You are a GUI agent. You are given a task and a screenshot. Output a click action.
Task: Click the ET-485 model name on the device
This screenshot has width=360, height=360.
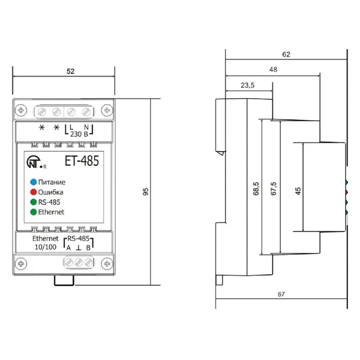point(82,161)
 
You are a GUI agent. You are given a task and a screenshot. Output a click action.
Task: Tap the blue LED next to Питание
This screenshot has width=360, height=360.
point(34,182)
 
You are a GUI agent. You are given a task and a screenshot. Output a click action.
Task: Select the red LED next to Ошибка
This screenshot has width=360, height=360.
point(34,192)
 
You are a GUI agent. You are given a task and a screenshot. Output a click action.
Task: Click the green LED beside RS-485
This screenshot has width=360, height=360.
point(34,202)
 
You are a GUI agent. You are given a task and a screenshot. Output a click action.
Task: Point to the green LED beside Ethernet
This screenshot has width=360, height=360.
point(34,212)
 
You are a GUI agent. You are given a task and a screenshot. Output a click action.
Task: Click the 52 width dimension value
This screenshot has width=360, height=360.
point(70,71)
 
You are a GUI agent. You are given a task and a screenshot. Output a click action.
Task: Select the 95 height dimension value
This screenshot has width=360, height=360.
point(146,192)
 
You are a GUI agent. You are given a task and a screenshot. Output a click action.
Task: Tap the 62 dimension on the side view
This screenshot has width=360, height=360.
point(286,54)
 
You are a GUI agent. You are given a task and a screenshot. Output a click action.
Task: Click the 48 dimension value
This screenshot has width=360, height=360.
point(273,69)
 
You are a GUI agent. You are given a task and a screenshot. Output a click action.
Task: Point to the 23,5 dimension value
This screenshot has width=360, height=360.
point(248,85)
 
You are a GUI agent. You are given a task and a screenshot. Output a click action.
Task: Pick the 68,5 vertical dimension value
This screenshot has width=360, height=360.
point(256,189)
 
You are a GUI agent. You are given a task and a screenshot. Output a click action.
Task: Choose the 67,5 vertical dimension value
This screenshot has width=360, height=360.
point(274,189)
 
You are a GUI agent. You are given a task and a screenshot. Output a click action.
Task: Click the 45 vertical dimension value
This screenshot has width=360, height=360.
point(298,191)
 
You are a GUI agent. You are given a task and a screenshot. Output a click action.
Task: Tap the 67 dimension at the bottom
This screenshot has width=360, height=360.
point(281,294)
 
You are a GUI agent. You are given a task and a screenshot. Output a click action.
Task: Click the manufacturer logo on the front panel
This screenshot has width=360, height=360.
point(35,162)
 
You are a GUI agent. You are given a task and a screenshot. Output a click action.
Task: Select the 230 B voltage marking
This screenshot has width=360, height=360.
point(79,134)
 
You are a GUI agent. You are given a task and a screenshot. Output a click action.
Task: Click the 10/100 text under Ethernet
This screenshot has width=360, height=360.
point(45,247)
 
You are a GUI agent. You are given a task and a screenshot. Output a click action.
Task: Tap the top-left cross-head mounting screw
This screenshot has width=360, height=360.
point(21,110)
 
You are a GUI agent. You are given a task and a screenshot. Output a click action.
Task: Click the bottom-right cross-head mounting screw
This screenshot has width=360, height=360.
point(107,264)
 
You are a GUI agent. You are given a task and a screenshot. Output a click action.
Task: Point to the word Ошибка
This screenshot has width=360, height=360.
point(50,192)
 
